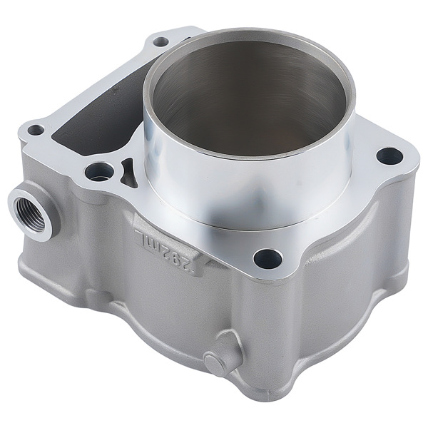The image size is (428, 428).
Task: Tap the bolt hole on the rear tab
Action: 161,42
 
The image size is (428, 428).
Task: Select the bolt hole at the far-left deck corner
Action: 36,130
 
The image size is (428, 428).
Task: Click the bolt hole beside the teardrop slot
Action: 99,172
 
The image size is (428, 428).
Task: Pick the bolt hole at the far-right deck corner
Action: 389,156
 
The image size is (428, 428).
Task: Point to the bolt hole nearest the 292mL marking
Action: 267,259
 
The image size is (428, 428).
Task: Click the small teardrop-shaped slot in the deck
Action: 127,173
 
